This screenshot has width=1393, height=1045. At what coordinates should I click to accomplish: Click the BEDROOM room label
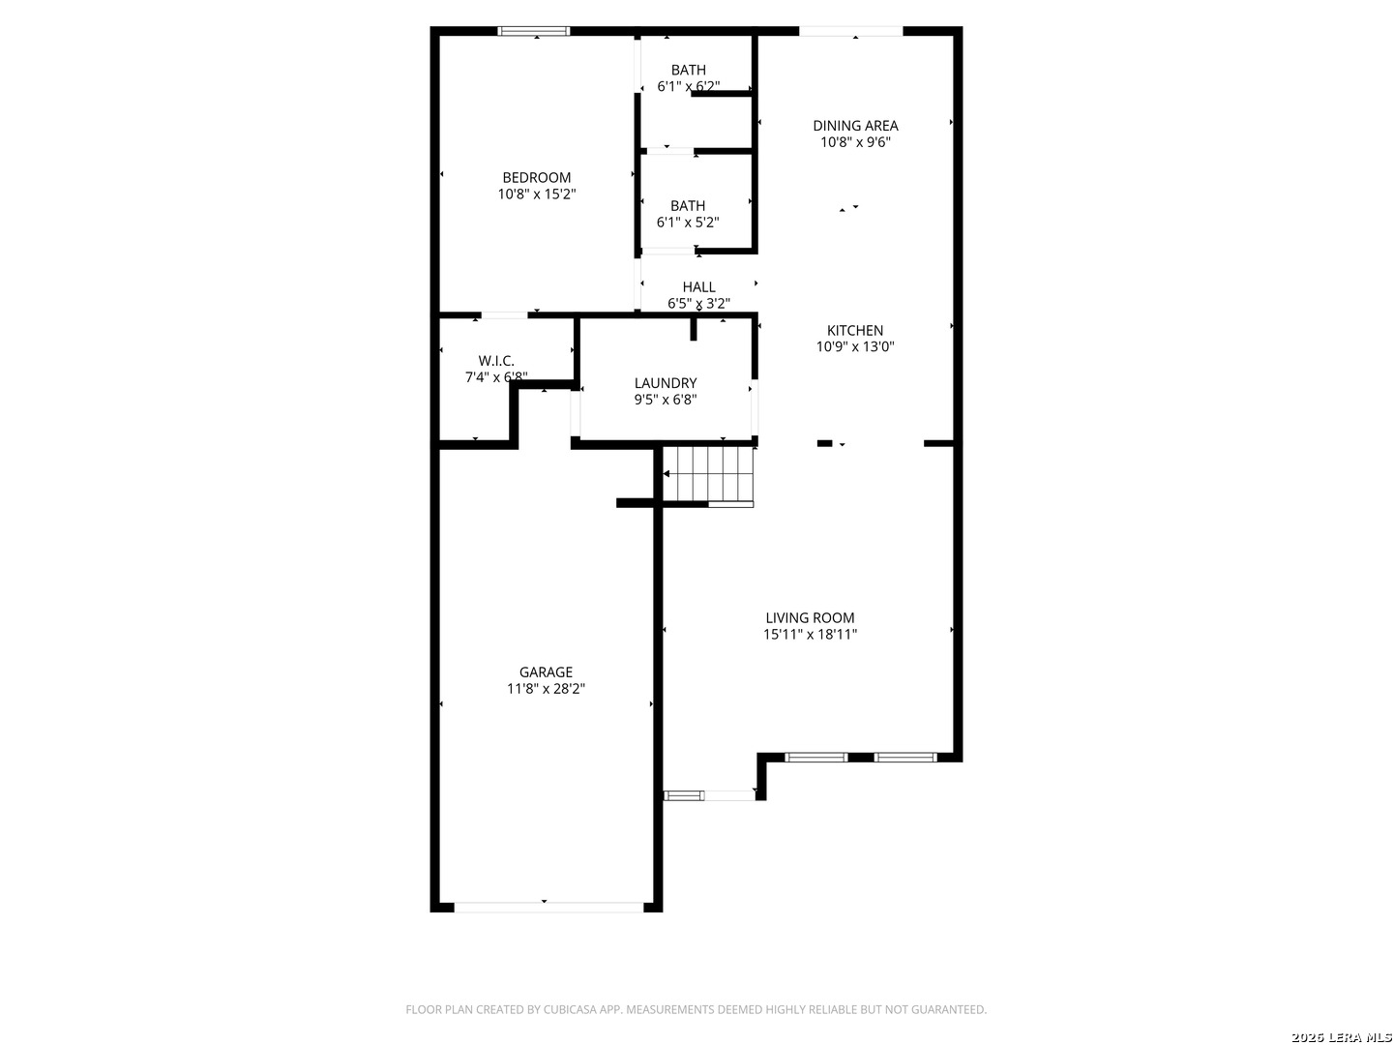pyautogui.click(x=536, y=178)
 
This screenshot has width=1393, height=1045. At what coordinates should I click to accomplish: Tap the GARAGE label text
pyautogui.click(x=546, y=672)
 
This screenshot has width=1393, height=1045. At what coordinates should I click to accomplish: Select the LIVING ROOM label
pyautogui.click(x=810, y=617)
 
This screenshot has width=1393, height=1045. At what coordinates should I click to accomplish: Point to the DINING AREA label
pyautogui.click(x=855, y=126)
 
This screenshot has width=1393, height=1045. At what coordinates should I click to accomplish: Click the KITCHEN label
pyautogui.click(x=855, y=330)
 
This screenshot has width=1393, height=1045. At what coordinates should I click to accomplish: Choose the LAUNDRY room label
pyautogui.click(x=666, y=383)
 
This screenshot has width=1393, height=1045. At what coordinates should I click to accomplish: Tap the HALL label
pyautogui.click(x=698, y=286)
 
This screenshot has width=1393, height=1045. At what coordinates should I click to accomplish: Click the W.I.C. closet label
pyautogui.click(x=496, y=361)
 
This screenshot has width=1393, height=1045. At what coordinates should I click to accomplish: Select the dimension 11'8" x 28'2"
pyautogui.click(x=546, y=688)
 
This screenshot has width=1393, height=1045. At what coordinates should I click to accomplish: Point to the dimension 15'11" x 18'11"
pyautogui.click(x=810, y=634)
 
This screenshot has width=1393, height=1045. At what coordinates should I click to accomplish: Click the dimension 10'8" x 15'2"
pyautogui.click(x=536, y=194)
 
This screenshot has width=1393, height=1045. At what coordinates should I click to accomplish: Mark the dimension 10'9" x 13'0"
pyautogui.click(x=855, y=346)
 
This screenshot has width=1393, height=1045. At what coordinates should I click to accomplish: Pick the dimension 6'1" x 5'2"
pyautogui.click(x=688, y=223)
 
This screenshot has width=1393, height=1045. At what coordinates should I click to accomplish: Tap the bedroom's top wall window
pyautogui.click(x=534, y=31)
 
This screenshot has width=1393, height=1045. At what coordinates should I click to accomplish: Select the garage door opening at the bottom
pyautogui.click(x=548, y=908)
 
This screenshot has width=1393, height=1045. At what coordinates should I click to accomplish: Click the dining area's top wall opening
pyautogui.click(x=850, y=31)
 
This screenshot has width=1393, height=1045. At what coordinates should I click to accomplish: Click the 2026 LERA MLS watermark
pyautogui.click(x=1341, y=1037)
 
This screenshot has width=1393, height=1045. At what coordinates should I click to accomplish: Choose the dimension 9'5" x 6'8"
pyautogui.click(x=666, y=400)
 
